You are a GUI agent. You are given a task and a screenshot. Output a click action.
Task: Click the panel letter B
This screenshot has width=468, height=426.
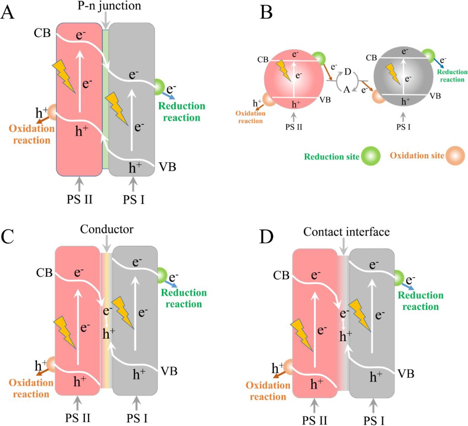266,12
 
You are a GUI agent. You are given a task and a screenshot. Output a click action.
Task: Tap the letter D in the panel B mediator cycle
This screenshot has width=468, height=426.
348,73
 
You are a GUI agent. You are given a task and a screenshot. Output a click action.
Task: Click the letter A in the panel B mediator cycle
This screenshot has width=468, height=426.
346,91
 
